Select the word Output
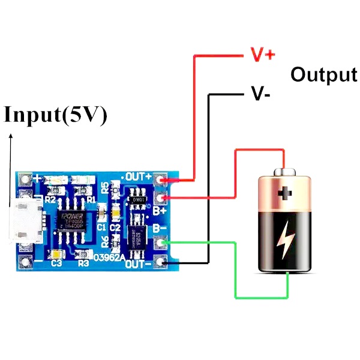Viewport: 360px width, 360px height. point(323,74)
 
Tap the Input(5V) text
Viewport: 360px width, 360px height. point(56,115)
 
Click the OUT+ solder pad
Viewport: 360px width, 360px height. point(160,179)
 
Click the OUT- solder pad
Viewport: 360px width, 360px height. point(160,261)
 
